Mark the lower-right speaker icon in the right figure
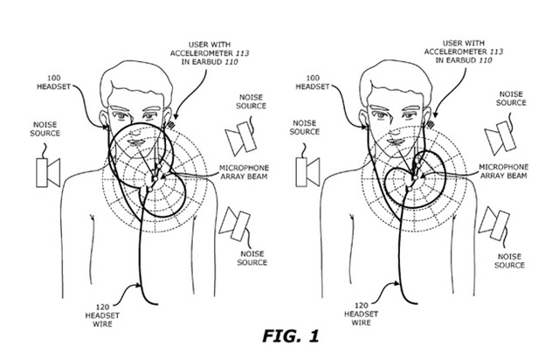pyautogui.click(x=496, y=222)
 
